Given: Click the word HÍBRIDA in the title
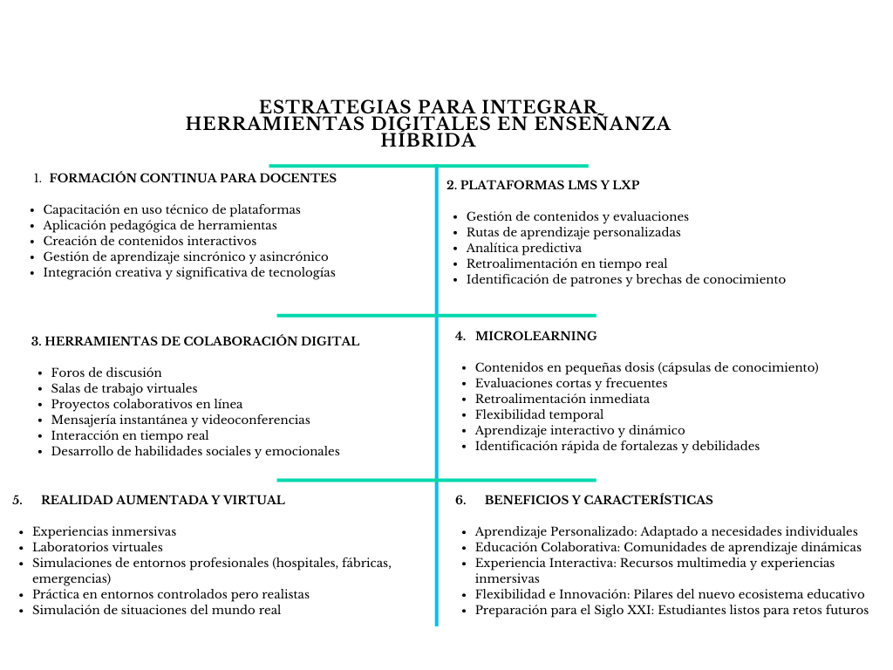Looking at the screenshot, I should [428, 140].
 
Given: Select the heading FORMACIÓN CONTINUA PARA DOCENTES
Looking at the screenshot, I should [193, 178].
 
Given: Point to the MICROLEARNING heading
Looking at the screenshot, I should [535, 336].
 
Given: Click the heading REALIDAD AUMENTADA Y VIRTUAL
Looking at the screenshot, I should [163, 500].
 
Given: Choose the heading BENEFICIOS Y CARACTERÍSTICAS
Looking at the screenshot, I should [598, 500].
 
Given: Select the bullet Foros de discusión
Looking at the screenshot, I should [106, 373].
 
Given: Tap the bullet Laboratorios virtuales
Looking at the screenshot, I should [98, 547].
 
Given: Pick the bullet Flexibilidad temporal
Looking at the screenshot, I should [539, 414].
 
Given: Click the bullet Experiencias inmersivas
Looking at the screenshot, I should [104, 531].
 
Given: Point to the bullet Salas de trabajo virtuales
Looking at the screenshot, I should [124, 388].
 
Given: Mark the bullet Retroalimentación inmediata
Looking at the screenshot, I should [562, 399].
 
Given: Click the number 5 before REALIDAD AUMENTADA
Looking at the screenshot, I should [17, 500].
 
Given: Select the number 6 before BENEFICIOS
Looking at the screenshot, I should [461, 500].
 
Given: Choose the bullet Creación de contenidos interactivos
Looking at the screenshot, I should [149, 241].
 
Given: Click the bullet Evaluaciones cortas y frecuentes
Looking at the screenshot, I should [570, 383].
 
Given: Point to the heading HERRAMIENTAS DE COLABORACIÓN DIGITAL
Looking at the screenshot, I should [195, 341].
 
